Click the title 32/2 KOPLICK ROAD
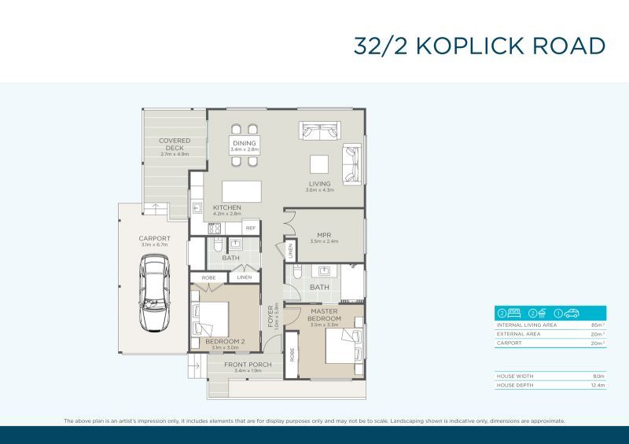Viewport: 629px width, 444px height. (480, 46)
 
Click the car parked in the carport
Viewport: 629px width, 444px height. (153, 295)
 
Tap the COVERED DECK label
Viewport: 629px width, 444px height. (175, 145)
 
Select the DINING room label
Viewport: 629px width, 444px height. (245, 144)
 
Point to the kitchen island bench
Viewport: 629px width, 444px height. (241, 192)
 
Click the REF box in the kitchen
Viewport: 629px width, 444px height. (251, 227)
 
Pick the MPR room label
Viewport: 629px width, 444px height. (323, 235)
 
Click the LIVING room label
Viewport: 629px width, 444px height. (320, 185)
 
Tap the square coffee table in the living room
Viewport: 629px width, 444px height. (319, 163)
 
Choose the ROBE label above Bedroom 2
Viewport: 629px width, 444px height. (209, 277)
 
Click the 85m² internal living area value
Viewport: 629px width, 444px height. (598, 325)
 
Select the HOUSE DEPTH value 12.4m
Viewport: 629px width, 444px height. (598, 385)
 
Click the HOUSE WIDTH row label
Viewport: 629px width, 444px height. (516, 376)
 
